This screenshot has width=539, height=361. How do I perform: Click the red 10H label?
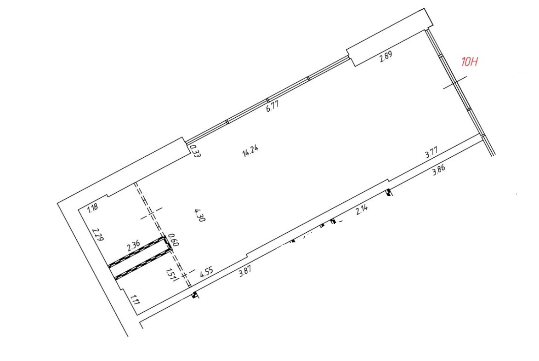coord(470,62)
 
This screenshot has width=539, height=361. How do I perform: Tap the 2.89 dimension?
coord(386,57)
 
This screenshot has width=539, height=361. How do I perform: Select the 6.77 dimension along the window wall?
coord(272,105)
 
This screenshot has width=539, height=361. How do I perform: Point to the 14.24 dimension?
coord(250,151)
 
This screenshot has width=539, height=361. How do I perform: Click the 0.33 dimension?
coord(195,151)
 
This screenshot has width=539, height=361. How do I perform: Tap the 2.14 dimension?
coord(362,210)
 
